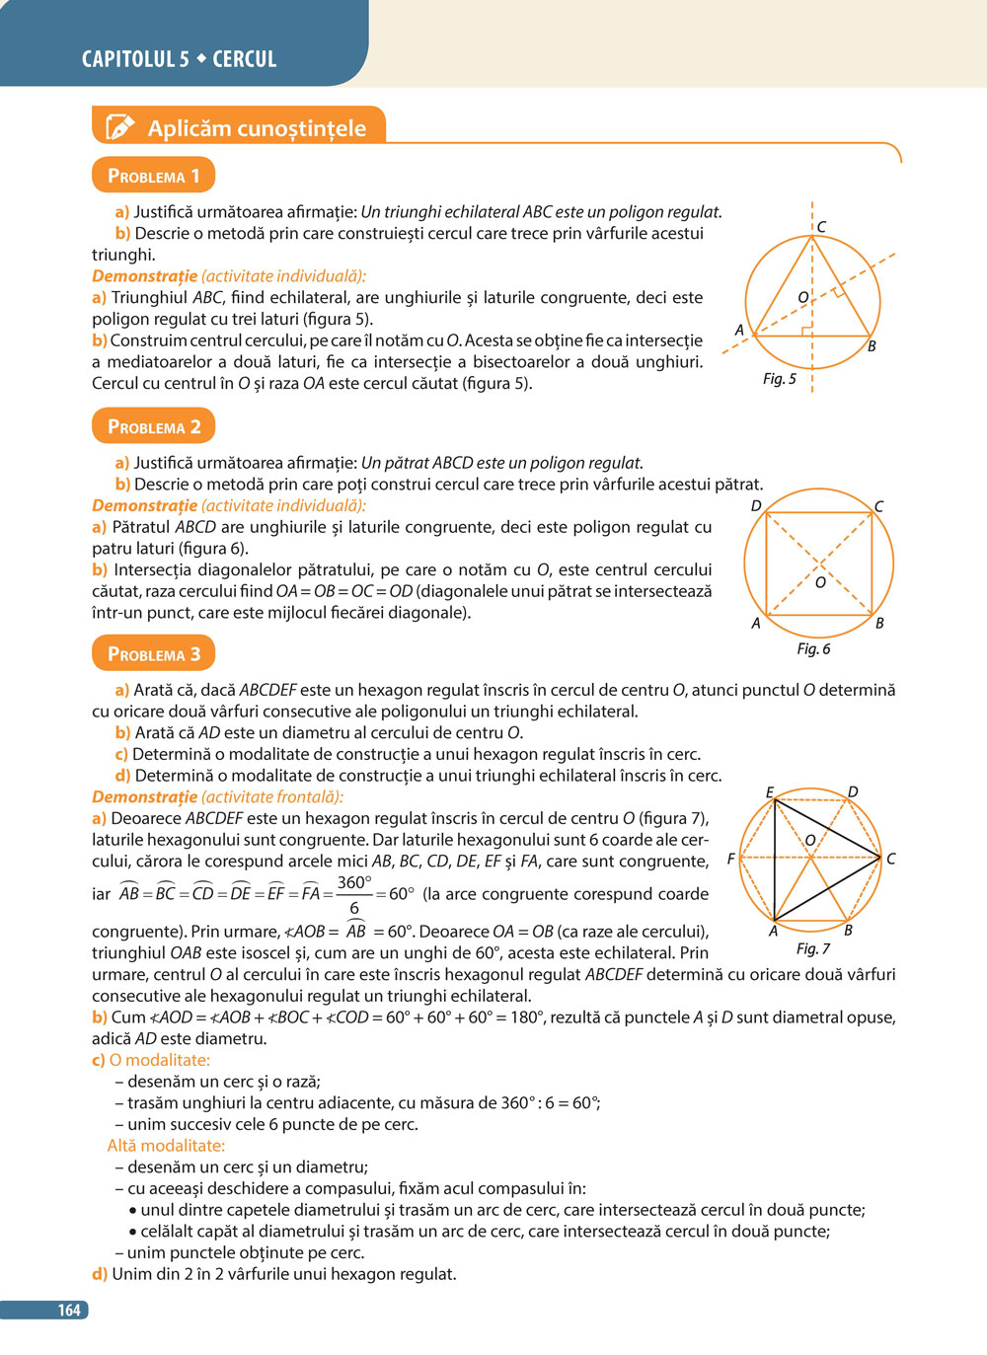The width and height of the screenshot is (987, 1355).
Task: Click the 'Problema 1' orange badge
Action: click(x=153, y=176)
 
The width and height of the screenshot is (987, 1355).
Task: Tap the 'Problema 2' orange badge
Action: click(x=153, y=426)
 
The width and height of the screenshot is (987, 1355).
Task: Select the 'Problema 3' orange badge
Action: click(x=153, y=653)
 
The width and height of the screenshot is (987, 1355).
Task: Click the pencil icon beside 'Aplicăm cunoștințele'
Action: click(x=119, y=127)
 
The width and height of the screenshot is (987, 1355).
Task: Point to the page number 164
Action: click(x=68, y=1310)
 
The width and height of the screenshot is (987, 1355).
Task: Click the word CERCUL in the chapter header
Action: click(x=244, y=59)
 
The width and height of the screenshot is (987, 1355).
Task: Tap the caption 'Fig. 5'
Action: click(x=779, y=379)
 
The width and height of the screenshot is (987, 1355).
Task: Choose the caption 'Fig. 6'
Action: click(x=813, y=648)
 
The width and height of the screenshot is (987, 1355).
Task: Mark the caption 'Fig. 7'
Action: click(x=812, y=948)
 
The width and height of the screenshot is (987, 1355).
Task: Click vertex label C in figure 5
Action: click(x=821, y=227)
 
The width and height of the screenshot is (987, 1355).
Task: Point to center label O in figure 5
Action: click(x=802, y=297)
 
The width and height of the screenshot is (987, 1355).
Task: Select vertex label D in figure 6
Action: click(x=756, y=506)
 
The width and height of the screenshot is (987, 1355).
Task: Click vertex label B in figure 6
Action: click(x=879, y=623)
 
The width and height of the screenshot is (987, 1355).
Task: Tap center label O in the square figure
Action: click(x=820, y=582)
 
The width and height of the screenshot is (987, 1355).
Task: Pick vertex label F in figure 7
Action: click(x=730, y=859)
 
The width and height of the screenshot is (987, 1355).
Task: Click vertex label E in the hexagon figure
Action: click(x=770, y=792)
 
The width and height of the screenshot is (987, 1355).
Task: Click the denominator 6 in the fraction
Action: click(x=354, y=908)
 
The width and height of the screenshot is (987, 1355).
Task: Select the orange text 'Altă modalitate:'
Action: click(x=166, y=1146)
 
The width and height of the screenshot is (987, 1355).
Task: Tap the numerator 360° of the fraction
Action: click(x=354, y=882)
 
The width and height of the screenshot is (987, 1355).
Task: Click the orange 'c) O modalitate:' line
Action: click(x=151, y=1060)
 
